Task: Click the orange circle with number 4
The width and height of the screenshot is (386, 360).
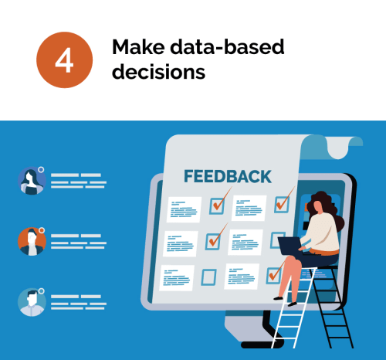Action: click(64, 60)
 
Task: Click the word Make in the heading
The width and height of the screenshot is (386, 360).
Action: click(138, 47)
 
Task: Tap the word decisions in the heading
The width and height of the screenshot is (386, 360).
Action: click(159, 72)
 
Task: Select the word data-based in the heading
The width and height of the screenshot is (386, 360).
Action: click(228, 47)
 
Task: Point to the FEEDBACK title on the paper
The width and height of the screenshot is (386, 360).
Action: click(228, 177)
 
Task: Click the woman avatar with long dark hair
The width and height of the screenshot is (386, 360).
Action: click(32, 181)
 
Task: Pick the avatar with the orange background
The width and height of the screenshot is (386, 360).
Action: click(32, 242)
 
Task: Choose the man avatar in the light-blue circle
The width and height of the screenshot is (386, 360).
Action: click(32, 302)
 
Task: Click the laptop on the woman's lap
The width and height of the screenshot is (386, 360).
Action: click(290, 246)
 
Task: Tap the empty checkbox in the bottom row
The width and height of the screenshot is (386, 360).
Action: click(208, 277)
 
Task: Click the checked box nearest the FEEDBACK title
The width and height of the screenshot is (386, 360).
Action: click(217, 205)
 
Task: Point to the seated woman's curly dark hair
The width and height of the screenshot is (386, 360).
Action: click(325, 209)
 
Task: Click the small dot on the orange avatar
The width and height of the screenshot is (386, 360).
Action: click(42, 230)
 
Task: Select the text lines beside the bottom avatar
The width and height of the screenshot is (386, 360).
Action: click(79, 302)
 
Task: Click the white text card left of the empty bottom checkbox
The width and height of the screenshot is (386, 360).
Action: click(177, 278)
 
